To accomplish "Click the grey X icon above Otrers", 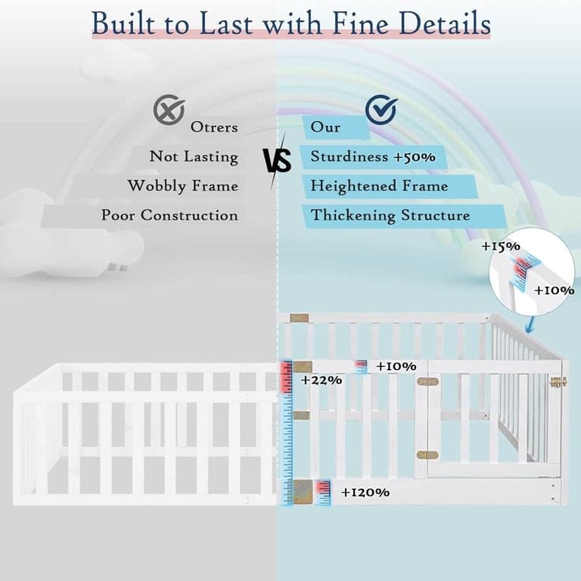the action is pos(169,110).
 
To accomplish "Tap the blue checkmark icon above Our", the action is pos(381,109).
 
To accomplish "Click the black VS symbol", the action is pos(277,161).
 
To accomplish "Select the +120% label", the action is pos(365,492).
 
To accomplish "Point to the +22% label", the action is pos(322,381).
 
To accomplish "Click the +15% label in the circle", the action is pos(501,247).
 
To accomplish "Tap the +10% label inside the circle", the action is pos(555,290).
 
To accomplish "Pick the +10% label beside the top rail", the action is pos(396,366).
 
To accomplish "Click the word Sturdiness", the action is pos(350,156).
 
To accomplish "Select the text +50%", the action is pos(415,157).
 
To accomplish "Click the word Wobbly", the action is pos(157,186).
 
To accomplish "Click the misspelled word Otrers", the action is pos(214,127).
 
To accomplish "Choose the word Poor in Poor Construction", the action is pos(118,216).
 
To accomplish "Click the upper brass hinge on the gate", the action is pos(427,381).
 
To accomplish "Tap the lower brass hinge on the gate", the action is pos(427,455).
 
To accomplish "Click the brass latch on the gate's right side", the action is pos(558,382).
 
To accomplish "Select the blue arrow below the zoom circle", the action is pos(530,325).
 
